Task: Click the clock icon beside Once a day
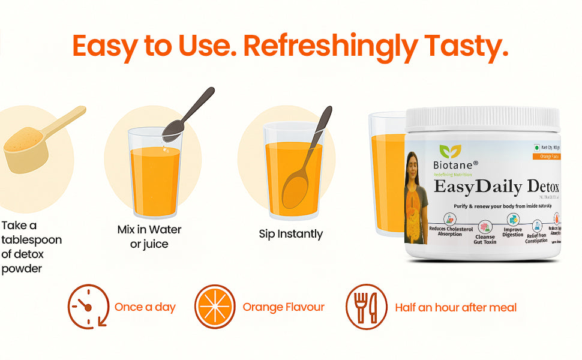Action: [x=88, y=307]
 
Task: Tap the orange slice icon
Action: [x=215, y=307]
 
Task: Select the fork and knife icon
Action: [x=366, y=307]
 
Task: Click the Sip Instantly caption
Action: [x=291, y=234]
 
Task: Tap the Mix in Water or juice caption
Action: [x=149, y=237]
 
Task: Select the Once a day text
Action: [x=145, y=307]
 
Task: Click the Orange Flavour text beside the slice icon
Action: [x=283, y=307]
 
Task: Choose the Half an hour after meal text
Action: [x=455, y=307]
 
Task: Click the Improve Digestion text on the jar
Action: [x=513, y=232]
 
